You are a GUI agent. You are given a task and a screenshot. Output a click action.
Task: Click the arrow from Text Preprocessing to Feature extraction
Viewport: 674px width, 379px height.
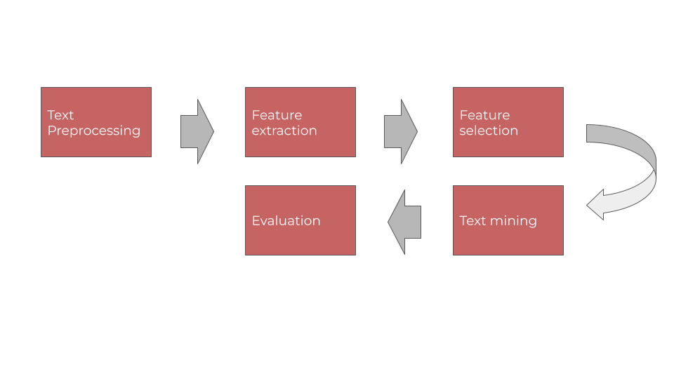[x=197, y=131]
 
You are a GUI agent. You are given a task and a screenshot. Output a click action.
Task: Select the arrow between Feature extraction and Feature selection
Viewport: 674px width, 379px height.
[x=400, y=131]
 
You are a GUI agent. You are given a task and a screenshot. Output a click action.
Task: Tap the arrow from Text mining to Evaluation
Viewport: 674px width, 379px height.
[x=405, y=222]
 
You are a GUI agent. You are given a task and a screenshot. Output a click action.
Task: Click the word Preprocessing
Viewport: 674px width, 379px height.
[x=94, y=131]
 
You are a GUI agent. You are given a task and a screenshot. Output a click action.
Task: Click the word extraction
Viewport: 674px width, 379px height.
[x=284, y=131]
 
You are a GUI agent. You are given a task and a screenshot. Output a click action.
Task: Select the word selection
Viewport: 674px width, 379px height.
[x=489, y=131]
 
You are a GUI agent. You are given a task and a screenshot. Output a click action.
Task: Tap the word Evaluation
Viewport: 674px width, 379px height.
[x=286, y=221]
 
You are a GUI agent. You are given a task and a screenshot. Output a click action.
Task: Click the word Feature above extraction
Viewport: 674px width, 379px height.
[x=277, y=115]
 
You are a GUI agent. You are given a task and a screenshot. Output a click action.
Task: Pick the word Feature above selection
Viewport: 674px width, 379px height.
[x=484, y=115]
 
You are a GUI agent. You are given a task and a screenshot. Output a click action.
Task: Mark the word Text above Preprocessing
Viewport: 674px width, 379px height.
[x=60, y=115]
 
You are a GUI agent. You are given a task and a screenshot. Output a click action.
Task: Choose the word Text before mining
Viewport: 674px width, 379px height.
[x=473, y=221]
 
